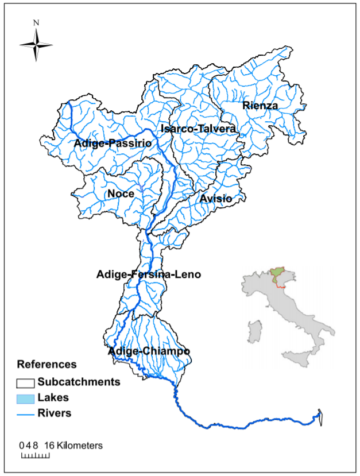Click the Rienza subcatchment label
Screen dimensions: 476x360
(x=260, y=106)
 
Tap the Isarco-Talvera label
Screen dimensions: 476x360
(x=198, y=129)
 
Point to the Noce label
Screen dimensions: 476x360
(x=121, y=194)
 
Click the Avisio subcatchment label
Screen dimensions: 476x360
(x=216, y=199)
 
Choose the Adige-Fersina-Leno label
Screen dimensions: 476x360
(x=149, y=274)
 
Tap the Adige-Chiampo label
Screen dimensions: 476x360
(x=149, y=351)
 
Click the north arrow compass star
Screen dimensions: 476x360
(x=36, y=45)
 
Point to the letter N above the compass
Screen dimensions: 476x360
(x=36, y=23)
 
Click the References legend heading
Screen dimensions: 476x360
(x=47, y=364)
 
